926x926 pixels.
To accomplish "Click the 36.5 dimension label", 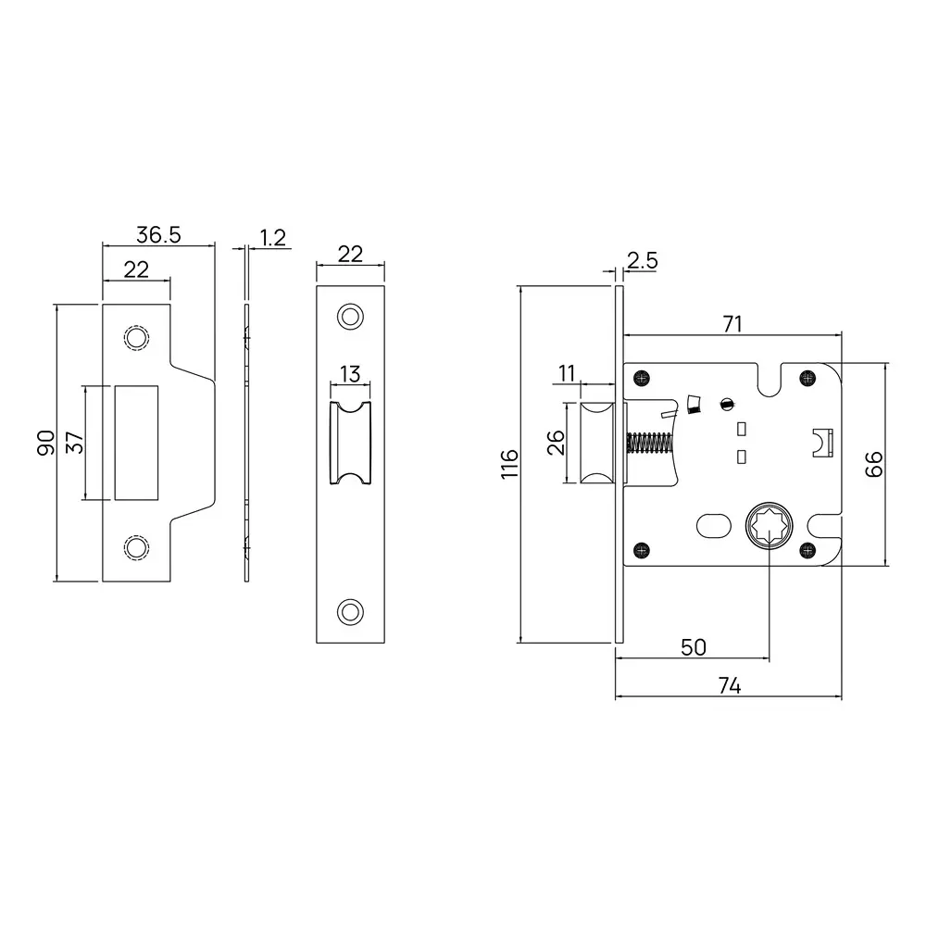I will click(x=157, y=234).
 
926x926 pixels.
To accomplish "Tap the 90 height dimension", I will click(x=44, y=442).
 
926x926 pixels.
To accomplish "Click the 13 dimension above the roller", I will click(x=350, y=374).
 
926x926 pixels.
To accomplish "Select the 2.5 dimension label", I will click(x=642, y=261).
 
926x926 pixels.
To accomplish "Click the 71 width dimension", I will click(x=732, y=323).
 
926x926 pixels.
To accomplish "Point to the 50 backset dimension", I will click(x=693, y=647).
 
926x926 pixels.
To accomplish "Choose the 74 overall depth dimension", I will click(x=729, y=685).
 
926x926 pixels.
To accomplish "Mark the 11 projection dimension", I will click(x=566, y=373).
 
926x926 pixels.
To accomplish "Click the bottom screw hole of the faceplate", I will click(x=350, y=610).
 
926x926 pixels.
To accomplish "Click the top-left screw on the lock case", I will click(x=641, y=377).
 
